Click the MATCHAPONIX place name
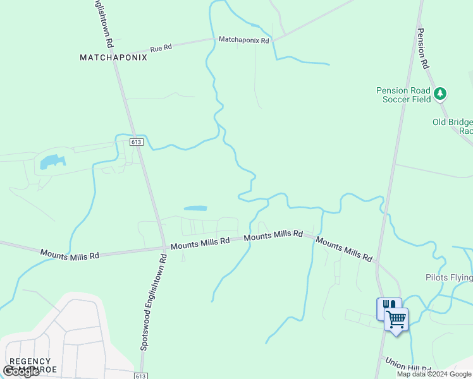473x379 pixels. pyautogui.click(x=113, y=57)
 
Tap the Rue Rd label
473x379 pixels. pyautogui.click(x=161, y=48)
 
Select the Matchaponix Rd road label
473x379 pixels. pyautogui.click(x=243, y=40)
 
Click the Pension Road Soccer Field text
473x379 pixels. pyautogui.click(x=403, y=95)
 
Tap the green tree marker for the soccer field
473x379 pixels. pyautogui.click(x=440, y=94)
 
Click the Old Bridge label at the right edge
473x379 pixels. pyautogui.click(x=452, y=126)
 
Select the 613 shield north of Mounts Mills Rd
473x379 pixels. pyautogui.click(x=137, y=142)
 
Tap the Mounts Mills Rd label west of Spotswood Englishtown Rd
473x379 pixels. pyautogui.click(x=70, y=254)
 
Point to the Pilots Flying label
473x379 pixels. pyautogui.click(x=448, y=277)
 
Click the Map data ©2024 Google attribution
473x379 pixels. pyautogui.click(x=434, y=374)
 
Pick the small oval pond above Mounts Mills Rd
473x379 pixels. pyautogui.click(x=195, y=208)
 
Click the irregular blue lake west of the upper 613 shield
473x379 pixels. pyautogui.click(x=52, y=162)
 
